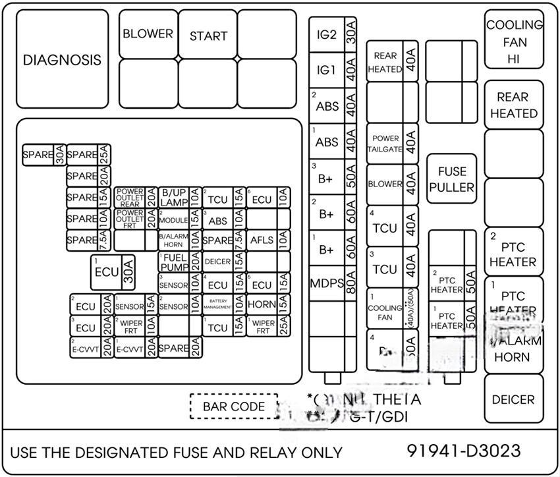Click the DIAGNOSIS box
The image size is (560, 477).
point(62,59)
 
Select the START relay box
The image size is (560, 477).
point(208,36)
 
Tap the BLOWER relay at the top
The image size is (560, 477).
point(148,34)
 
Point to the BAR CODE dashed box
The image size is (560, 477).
point(233,407)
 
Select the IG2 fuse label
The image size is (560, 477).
point(326,35)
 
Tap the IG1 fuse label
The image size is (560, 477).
point(326,70)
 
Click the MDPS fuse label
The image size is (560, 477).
point(327,284)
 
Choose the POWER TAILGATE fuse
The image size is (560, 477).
point(385,144)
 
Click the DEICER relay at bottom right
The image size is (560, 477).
point(513,399)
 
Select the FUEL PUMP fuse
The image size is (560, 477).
point(174,262)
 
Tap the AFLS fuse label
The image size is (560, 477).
point(262,240)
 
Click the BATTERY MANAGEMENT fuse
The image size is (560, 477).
point(217,304)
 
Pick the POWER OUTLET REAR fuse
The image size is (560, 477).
point(130,197)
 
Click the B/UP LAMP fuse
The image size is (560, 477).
point(174,197)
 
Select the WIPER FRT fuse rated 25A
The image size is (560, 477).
point(263,327)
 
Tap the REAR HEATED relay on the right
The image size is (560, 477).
point(513,105)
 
